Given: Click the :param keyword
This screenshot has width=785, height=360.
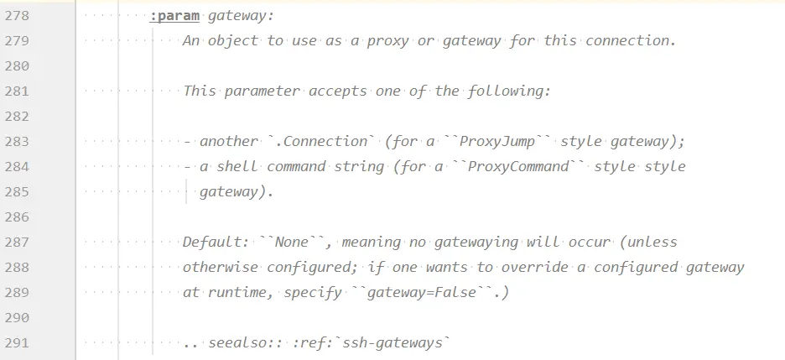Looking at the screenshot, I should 174,15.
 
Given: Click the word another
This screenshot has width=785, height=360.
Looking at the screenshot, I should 228,141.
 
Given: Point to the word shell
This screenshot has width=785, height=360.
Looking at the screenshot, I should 237,166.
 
